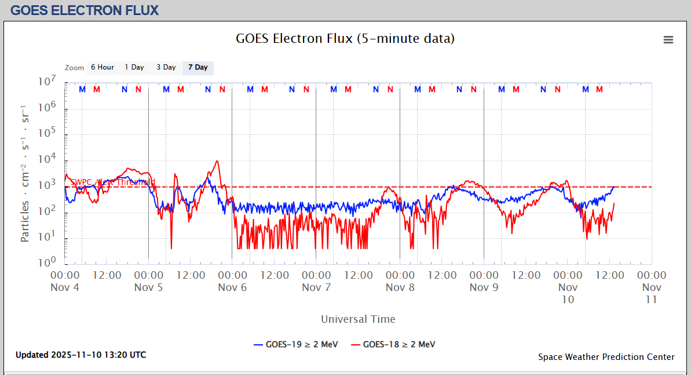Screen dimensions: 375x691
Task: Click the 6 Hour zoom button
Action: pyautogui.click(x=103, y=68)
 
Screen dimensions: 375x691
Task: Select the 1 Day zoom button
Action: pyautogui.click(x=134, y=68)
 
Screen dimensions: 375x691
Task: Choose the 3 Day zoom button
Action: pyautogui.click(x=166, y=68)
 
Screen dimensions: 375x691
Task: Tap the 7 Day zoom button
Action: pyautogui.click(x=198, y=68)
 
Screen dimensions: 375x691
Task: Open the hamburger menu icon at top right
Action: pyautogui.click(x=668, y=40)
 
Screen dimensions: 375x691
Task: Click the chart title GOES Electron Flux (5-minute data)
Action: pyautogui.click(x=345, y=39)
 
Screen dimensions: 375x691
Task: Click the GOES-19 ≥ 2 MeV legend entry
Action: pyautogui.click(x=295, y=344)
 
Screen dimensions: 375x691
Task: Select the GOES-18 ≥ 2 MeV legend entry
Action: pyautogui.click(x=393, y=344)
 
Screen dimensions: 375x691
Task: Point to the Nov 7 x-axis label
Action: pyautogui.click(x=316, y=287)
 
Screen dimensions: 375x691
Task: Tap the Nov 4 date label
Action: pyautogui.click(x=65, y=287)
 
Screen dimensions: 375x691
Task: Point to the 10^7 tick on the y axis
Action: pyautogui.click(x=47, y=82)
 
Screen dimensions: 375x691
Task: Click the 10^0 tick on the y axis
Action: pyautogui.click(x=47, y=262)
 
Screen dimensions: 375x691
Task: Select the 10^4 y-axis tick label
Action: pyautogui.click(x=47, y=159)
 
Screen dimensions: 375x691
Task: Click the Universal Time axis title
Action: pyautogui.click(x=358, y=319)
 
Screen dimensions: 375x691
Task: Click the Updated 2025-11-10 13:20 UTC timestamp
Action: pyautogui.click(x=81, y=355)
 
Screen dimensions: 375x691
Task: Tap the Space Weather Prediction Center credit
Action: pyautogui.click(x=606, y=357)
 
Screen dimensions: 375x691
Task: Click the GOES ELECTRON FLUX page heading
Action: pyautogui.click(x=85, y=10)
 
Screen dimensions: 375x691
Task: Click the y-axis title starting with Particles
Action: pyautogui.click(x=25, y=174)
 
